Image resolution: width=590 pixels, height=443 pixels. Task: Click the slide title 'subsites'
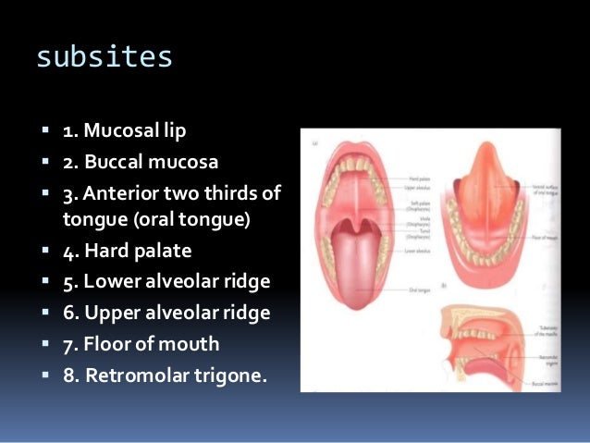click(x=104, y=56)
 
